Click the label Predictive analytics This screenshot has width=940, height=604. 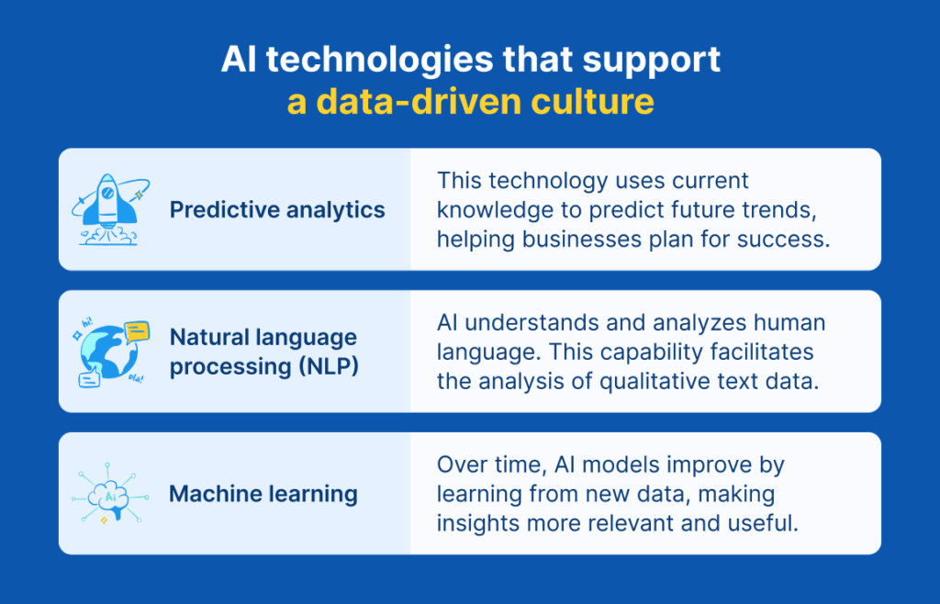click(x=277, y=210)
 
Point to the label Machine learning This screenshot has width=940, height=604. click(x=263, y=494)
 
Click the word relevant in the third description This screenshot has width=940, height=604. click(x=645, y=523)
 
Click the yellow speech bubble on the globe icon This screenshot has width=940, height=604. click(x=137, y=330)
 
